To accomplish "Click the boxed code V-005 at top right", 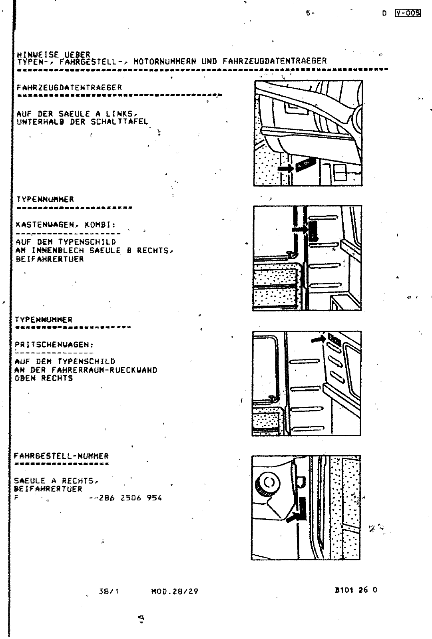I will pos(408,13).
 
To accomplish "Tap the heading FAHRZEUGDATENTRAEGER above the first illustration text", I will pos(69,87).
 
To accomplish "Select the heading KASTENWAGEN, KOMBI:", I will pos(66,225).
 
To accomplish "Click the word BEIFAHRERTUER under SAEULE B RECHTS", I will pos(50,259).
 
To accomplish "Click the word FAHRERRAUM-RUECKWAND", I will pos(104,370).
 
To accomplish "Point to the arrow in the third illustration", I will pos(318,339).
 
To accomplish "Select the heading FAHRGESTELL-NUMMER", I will pos(61,456).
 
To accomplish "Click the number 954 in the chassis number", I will pos(154,498).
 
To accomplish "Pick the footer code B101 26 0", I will pos(355,590).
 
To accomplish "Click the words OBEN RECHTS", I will pos(44,378).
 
